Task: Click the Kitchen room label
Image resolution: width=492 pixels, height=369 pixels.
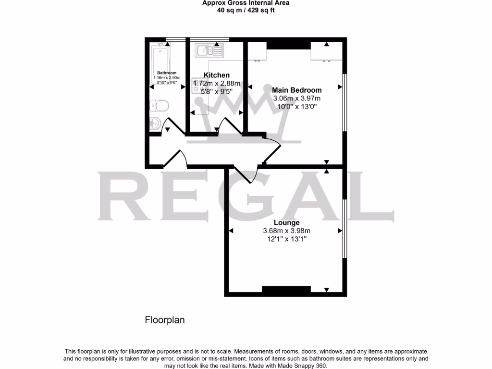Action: pos(217,75)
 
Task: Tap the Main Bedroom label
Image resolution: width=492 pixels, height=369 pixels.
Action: pos(297,90)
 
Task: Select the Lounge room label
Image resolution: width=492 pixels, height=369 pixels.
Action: pos(287,222)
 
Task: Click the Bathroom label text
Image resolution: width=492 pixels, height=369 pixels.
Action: pos(167,73)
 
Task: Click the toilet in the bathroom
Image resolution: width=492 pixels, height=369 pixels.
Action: pos(158,106)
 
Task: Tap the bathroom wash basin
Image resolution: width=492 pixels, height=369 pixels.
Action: pos(155,123)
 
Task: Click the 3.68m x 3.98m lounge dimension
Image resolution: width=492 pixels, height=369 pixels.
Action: pos(287,231)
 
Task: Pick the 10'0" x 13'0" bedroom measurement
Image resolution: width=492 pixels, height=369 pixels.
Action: pos(297,106)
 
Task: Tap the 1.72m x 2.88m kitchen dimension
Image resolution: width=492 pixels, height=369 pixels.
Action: pos(217,84)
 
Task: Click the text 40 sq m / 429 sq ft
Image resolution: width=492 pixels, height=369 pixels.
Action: pos(246,10)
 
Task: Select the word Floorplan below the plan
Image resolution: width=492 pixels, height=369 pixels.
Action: pos(165,320)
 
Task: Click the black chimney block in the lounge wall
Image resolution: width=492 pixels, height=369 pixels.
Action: pos(286,289)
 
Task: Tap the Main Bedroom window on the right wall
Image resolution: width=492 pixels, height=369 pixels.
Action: pos(344,102)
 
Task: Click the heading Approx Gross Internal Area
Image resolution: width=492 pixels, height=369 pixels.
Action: pos(246,3)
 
